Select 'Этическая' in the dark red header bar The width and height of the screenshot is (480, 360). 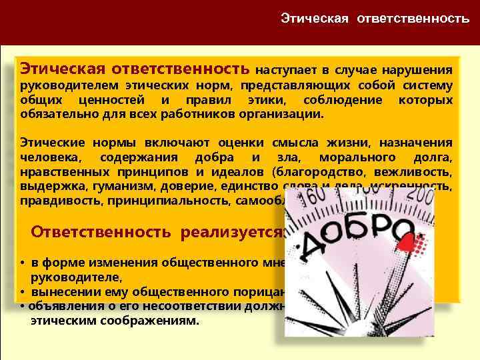(315, 18)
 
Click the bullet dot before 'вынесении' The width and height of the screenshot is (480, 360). (23, 292)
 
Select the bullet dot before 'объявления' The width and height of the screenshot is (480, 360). (23, 307)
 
